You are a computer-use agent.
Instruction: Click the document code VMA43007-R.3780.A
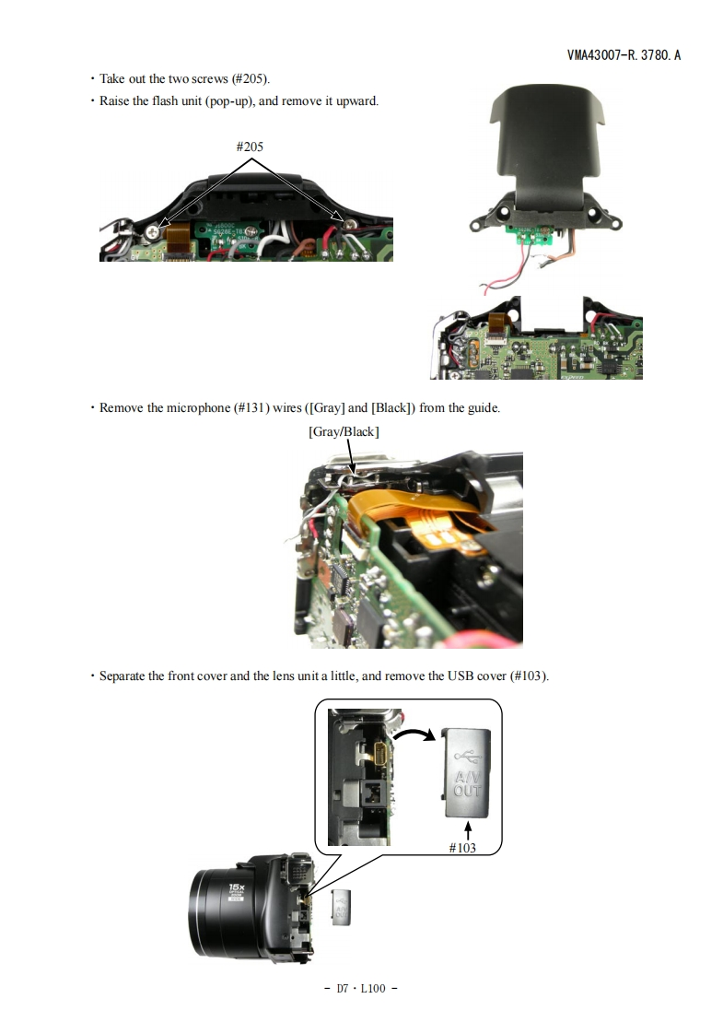pos(624,55)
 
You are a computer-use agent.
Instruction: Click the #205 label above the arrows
pos(250,147)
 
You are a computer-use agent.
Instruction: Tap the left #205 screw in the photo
pos(154,231)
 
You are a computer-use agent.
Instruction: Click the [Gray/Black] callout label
pos(344,432)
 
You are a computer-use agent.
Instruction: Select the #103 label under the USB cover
pos(462,848)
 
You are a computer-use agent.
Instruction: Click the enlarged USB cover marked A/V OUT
pos(466,772)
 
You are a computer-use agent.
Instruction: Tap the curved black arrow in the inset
pos(414,734)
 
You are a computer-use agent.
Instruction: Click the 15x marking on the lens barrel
pos(237,887)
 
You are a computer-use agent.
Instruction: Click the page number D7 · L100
pos(360,988)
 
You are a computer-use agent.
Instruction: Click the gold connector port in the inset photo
pos(381,753)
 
